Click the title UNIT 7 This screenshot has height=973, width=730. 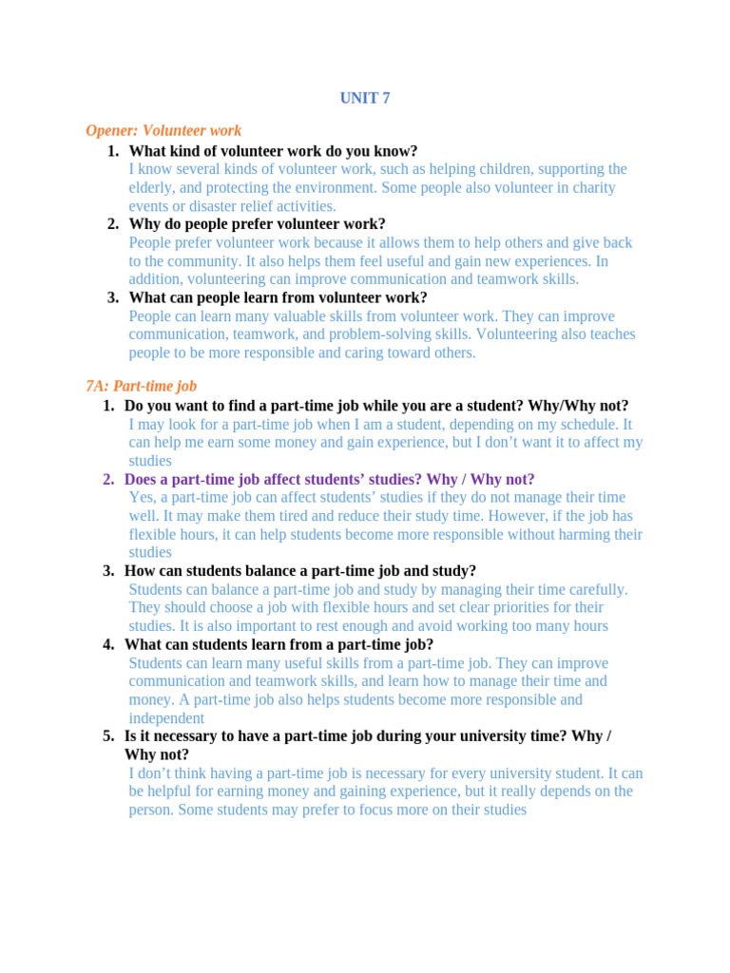click(x=365, y=98)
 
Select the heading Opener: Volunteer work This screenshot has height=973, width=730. click(x=163, y=130)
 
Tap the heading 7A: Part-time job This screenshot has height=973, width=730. click(x=141, y=386)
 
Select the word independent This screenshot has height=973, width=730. click(x=166, y=718)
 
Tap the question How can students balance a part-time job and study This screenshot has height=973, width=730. click(x=300, y=571)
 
